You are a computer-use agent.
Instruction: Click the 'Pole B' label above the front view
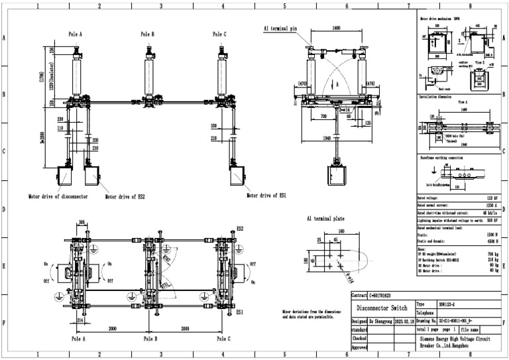[x=147, y=34]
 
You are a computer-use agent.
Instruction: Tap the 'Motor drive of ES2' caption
[x=127, y=197]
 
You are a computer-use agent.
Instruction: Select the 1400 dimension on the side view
[x=336, y=29]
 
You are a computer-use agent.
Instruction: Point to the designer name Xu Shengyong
[x=378, y=320]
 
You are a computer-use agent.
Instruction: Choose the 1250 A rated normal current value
[x=490, y=206]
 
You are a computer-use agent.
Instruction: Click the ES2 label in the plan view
[x=239, y=228]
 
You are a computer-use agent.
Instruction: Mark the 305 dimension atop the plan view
[x=82, y=223]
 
